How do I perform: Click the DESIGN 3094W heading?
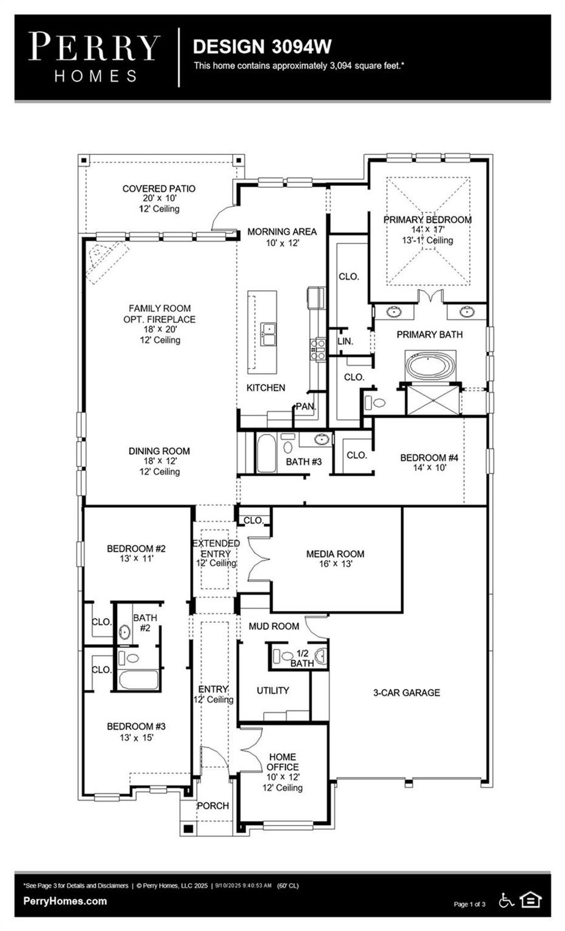click(x=262, y=46)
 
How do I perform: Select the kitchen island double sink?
click(x=268, y=335)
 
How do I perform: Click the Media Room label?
click(x=335, y=554)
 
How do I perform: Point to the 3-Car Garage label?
click(x=407, y=693)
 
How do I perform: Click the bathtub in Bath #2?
click(x=138, y=680)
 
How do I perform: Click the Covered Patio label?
click(x=159, y=188)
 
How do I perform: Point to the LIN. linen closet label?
click(x=345, y=341)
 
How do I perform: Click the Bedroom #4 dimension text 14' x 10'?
click(x=423, y=467)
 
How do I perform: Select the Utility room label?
click(x=273, y=690)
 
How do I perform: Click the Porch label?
click(x=213, y=806)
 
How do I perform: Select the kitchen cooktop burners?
click(x=318, y=347)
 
